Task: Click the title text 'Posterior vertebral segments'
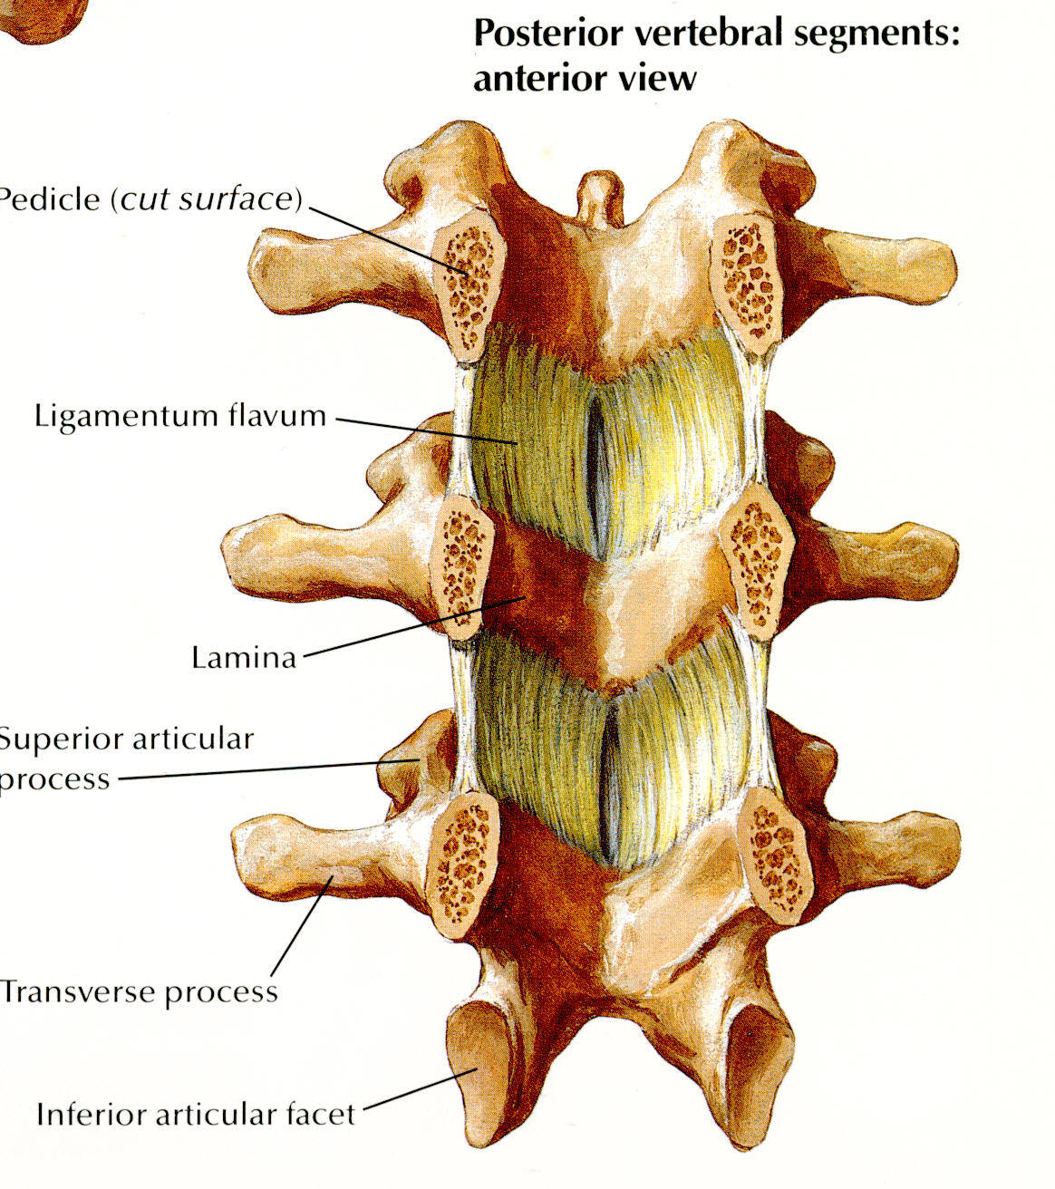(716, 34)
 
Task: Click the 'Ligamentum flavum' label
(179, 416)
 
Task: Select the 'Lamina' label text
(244, 657)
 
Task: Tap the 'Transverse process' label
(139, 991)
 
